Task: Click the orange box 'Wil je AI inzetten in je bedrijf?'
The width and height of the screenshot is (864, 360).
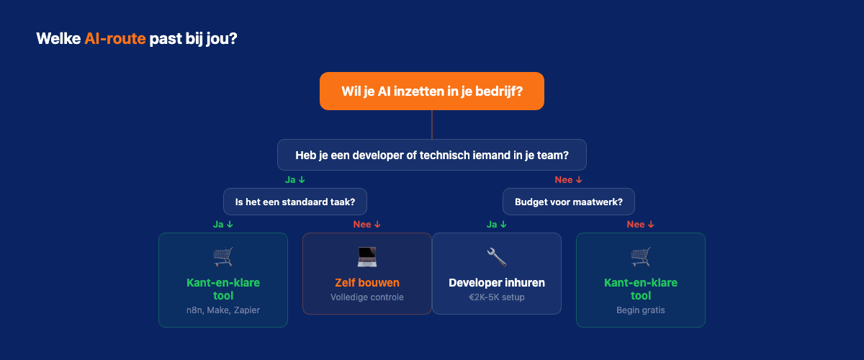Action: pyautogui.click(x=432, y=91)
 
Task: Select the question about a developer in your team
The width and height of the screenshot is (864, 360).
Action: pyautogui.click(x=432, y=155)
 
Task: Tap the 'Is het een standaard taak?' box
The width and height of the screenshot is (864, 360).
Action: pyautogui.click(x=295, y=202)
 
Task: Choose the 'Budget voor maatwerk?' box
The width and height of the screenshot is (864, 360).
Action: pyautogui.click(x=569, y=202)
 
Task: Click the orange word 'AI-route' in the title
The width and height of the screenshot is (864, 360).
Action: pyautogui.click(x=114, y=38)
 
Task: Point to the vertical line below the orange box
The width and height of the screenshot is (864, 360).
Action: pyautogui.click(x=432, y=125)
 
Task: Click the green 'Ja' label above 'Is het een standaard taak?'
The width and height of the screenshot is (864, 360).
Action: pyautogui.click(x=295, y=179)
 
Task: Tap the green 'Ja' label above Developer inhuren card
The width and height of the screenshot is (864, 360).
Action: pyautogui.click(x=497, y=224)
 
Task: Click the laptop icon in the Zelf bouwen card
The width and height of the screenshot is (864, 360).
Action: pyautogui.click(x=367, y=256)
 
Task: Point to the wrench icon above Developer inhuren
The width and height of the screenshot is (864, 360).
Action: pyautogui.click(x=497, y=256)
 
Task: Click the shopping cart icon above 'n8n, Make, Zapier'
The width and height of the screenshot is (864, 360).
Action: pyautogui.click(x=223, y=256)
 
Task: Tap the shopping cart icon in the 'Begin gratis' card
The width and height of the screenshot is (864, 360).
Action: pyautogui.click(x=641, y=256)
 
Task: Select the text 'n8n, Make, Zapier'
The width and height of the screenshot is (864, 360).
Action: pyautogui.click(x=223, y=310)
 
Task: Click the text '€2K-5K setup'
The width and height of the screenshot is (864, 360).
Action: pyautogui.click(x=497, y=297)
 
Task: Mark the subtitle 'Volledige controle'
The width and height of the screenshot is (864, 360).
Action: pyautogui.click(x=367, y=297)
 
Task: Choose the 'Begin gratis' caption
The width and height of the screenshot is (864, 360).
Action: pyautogui.click(x=641, y=310)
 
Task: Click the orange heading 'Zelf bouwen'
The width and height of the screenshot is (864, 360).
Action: pyautogui.click(x=367, y=282)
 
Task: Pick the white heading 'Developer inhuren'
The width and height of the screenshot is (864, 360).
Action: pyautogui.click(x=497, y=282)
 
